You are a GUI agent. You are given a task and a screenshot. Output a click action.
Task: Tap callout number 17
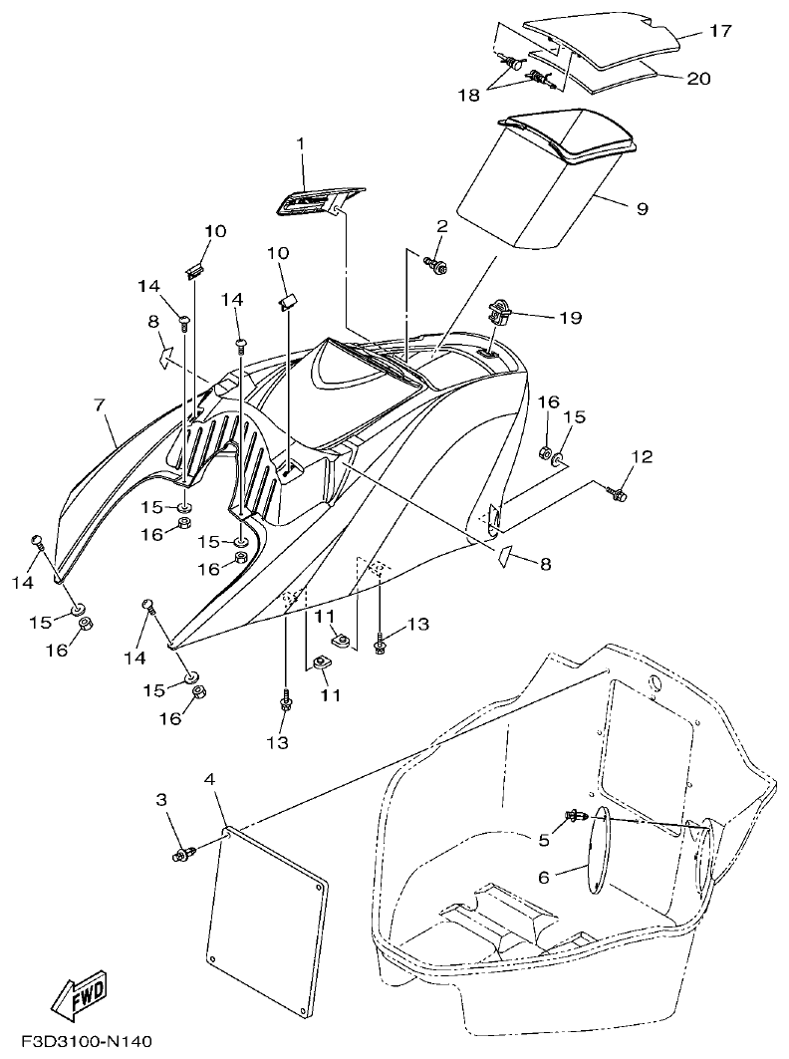pyautogui.click(x=720, y=32)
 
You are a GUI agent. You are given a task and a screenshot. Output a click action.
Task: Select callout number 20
pyautogui.click(x=698, y=78)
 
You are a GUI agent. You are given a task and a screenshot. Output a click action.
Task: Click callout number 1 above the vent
pyautogui.click(x=299, y=144)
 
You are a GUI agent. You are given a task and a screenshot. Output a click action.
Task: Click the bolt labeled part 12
pyautogui.click(x=618, y=491)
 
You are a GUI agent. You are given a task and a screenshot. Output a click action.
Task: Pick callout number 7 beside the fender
pyautogui.click(x=99, y=405)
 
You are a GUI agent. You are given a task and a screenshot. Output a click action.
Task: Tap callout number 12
pyautogui.click(x=642, y=456)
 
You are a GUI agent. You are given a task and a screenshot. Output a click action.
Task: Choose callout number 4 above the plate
pyautogui.click(x=209, y=778)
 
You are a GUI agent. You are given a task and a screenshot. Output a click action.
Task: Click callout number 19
pyautogui.click(x=570, y=319)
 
